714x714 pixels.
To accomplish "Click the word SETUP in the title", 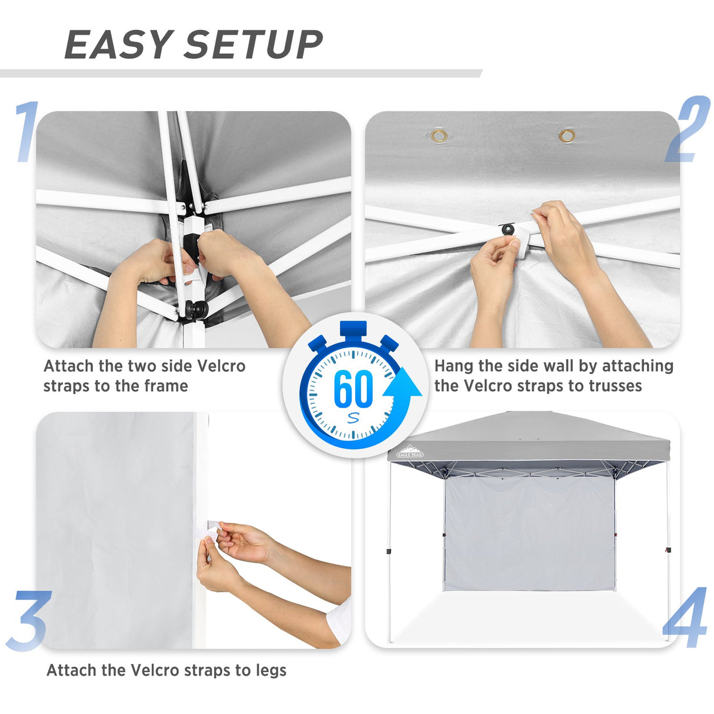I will pyautogui.click(x=253, y=45).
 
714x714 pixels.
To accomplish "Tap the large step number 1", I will pyautogui.click(x=26, y=132).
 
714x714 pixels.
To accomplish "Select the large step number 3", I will pyautogui.click(x=28, y=621).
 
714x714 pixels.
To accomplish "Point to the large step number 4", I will pyautogui.click(x=686, y=618).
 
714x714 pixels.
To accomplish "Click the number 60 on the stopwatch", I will pyautogui.click(x=353, y=389).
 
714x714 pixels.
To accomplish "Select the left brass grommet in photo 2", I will pyautogui.click(x=439, y=136).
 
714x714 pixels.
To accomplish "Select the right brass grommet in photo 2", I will pyautogui.click(x=567, y=136).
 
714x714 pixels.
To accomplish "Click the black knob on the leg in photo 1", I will pyautogui.click(x=196, y=309).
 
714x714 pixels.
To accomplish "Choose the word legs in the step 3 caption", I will pyautogui.click(x=271, y=670).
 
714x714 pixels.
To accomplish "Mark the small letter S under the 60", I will pyautogui.click(x=353, y=418).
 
